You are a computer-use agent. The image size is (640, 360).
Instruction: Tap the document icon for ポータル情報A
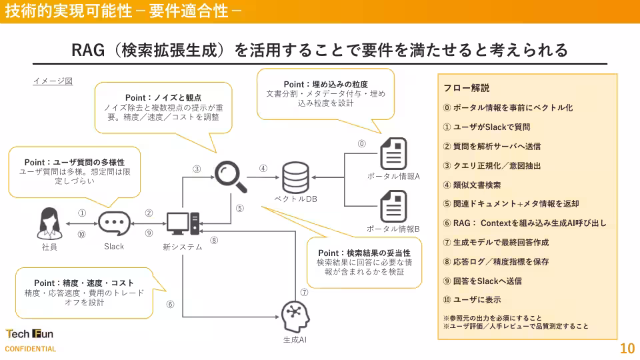(x=393, y=153)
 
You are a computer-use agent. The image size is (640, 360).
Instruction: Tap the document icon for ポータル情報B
(x=393, y=206)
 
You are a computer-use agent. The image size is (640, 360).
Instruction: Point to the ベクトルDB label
(x=295, y=199)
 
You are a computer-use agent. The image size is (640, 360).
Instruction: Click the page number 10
(x=627, y=348)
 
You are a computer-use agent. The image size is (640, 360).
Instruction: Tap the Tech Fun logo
(x=29, y=334)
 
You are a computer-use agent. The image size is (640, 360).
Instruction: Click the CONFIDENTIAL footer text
(x=31, y=349)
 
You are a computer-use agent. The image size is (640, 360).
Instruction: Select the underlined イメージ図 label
(x=53, y=81)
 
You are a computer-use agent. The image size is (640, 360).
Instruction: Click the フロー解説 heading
(x=467, y=88)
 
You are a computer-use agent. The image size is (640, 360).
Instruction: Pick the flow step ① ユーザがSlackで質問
(x=487, y=127)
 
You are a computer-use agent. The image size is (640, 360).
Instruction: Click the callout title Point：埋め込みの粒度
(x=326, y=85)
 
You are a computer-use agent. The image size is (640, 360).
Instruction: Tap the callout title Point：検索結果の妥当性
(x=364, y=253)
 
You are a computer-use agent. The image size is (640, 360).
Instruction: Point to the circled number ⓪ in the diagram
(x=362, y=143)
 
